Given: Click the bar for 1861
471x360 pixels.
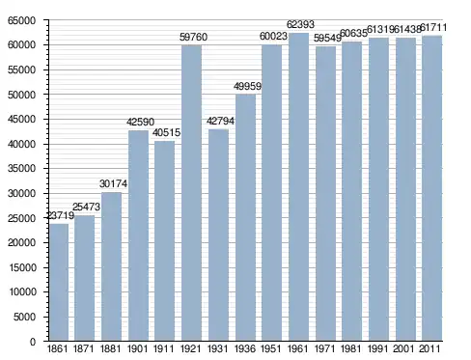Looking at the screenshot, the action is tap(59, 282).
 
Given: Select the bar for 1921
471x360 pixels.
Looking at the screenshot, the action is tap(191, 193).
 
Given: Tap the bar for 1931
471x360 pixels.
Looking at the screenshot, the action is tap(218, 235).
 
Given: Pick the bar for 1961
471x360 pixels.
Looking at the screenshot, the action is tap(298, 186).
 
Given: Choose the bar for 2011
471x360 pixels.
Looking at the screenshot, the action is tap(432, 188).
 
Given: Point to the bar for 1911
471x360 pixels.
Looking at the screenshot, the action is tap(165, 240).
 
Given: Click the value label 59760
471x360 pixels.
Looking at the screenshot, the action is tap(193, 37).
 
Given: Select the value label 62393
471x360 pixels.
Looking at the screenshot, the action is tap(300, 24).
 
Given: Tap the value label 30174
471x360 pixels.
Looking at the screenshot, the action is tap(113, 183).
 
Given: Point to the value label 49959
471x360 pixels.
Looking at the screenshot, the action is tap(247, 86).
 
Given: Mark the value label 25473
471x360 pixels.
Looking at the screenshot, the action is tap(86, 207).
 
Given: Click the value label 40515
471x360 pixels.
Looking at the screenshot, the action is tap(166, 132).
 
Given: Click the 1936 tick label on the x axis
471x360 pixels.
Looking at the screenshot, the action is tap(245, 348).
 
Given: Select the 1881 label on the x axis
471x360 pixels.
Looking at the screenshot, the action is tap(110, 348).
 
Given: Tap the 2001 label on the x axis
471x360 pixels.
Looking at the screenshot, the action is tap(405, 348).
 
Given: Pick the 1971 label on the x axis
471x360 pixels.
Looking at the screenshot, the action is tap(325, 348).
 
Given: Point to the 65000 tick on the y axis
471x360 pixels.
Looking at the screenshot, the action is tap(21, 21).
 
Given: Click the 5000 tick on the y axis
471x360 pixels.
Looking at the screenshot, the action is tap(24, 317).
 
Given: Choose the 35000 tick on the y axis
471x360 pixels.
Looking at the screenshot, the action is tap(21, 169).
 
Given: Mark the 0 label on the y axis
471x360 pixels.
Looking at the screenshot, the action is tap(33, 342).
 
